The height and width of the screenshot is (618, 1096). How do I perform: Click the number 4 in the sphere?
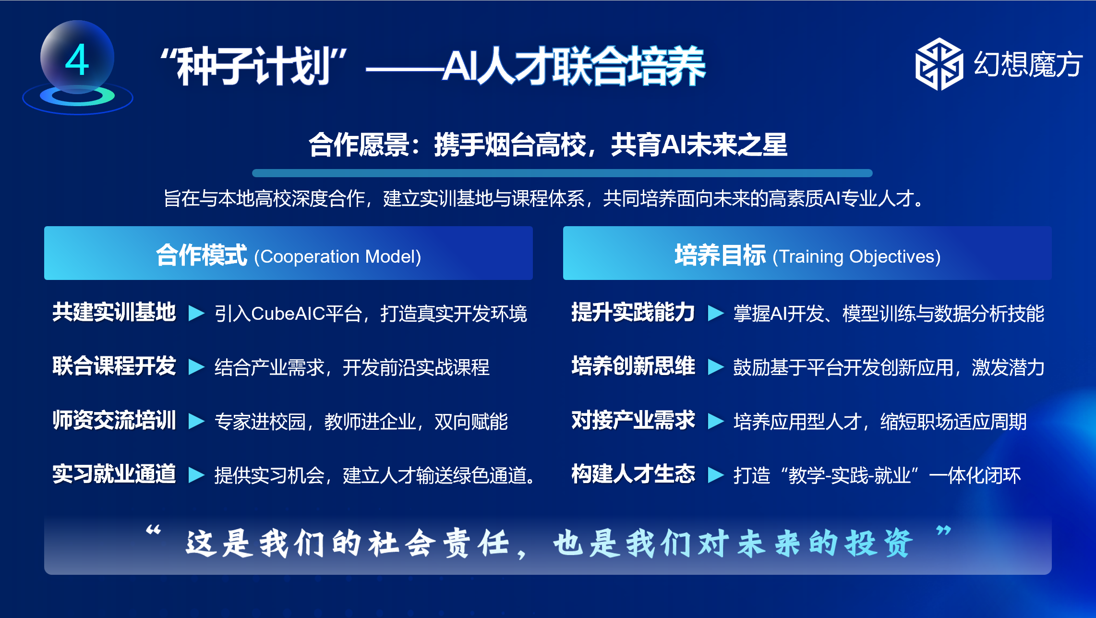click(x=77, y=60)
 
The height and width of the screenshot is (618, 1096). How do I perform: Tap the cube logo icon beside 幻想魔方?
click(x=939, y=64)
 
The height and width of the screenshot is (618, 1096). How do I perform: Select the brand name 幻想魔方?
click(x=1028, y=64)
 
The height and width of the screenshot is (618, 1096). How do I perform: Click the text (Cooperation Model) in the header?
click(x=337, y=256)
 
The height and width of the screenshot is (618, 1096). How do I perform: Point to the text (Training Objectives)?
click(x=856, y=256)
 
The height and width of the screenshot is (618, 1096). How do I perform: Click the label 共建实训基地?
click(x=114, y=312)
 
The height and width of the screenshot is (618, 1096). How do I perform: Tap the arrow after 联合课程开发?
click(x=196, y=366)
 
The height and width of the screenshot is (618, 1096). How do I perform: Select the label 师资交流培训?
click(x=114, y=420)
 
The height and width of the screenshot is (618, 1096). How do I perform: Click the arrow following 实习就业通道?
click(x=196, y=474)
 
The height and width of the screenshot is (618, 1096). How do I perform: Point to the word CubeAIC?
click(x=288, y=314)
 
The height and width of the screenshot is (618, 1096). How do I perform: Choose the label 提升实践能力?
click(x=633, y=312)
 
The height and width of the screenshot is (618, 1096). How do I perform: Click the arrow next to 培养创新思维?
click(x=716, y=366)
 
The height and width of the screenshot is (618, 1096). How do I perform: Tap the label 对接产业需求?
click(x=633, y=420)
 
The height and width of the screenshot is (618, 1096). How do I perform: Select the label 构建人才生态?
click(x=633, y=474)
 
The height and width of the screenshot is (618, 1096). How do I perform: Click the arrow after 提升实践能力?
click(x=716, y=313)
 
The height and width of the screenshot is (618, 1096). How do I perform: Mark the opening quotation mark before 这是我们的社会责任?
click(x=154, y=530)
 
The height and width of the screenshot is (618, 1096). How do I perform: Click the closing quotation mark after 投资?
click(x=943, y=531)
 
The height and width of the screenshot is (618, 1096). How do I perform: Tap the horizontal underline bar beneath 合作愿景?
click(x=562, y=173)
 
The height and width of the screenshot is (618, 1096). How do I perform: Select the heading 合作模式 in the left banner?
click(x=202, y=255)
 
